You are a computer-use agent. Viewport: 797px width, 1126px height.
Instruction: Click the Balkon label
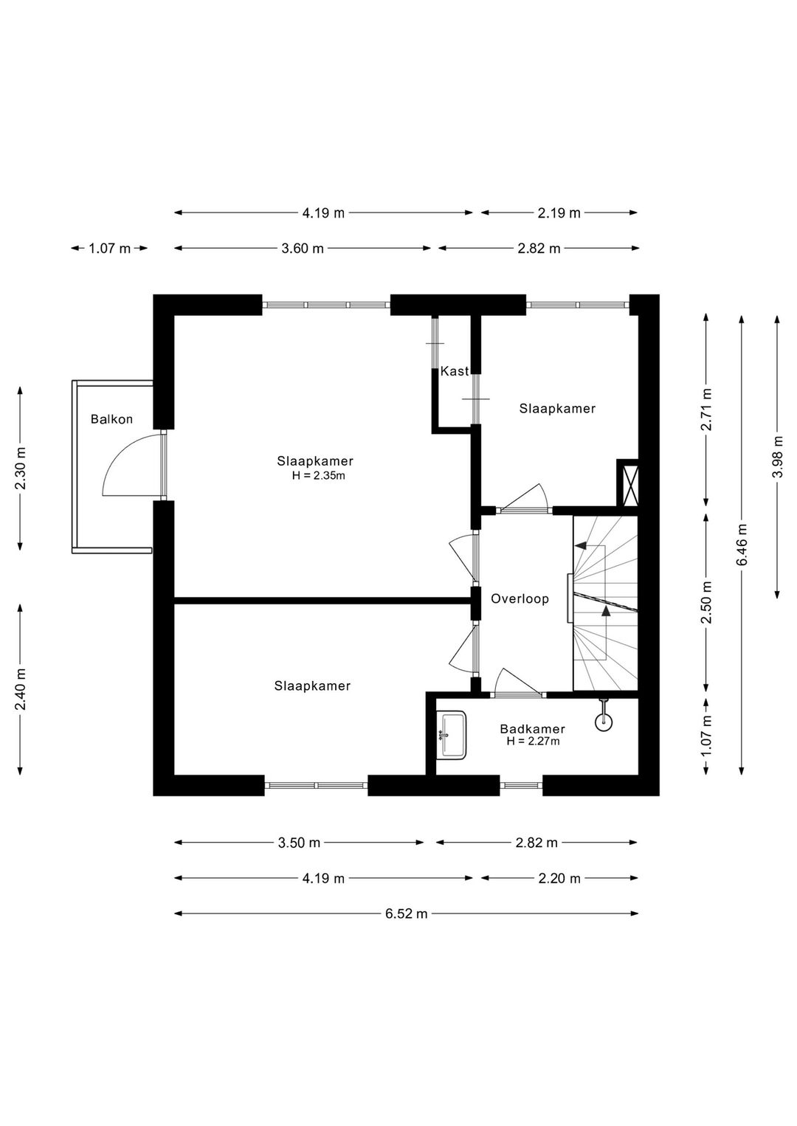[x=111, y=418]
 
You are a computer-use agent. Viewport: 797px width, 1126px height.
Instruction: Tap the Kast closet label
[x=455, y=371]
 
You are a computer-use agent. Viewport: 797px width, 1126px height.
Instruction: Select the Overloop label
[x=520, y=598]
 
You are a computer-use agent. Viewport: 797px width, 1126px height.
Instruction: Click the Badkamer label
[x=533, y=729]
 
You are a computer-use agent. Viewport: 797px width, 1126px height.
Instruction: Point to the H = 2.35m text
[x=318, y=475]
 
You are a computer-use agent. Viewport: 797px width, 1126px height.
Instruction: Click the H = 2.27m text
[x=533, y=742]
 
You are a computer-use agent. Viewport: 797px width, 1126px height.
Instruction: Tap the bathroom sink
[x=451, y=735]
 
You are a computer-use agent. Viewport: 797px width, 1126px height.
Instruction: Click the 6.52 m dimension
[x=407, y=913]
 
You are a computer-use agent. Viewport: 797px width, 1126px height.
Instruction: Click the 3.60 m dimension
[x=303, y=248]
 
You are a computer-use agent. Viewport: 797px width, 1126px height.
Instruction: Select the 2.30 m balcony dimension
[x=20, y=469]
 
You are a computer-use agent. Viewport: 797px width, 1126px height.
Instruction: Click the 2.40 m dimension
[x=20, y=690]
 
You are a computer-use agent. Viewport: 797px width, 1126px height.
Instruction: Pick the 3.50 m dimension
[x=299, y=843]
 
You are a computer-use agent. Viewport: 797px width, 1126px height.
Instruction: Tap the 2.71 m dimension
[x=706, y=410]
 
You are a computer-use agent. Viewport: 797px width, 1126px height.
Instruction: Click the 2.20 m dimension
[x=559, y=878]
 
